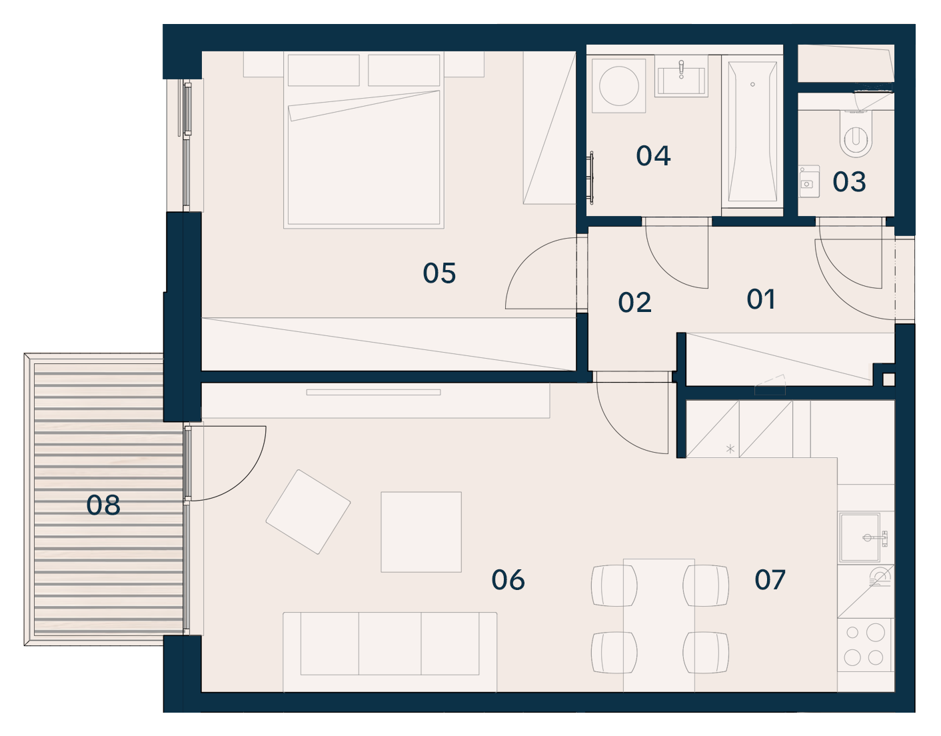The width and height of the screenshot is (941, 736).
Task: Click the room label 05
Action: point(439,273)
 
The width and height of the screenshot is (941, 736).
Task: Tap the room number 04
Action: point(653,155)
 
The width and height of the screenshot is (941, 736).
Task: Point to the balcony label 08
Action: point(103,505)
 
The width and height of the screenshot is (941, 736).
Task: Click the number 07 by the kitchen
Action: point(770,579)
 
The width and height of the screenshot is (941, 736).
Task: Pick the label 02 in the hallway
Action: point(634,302)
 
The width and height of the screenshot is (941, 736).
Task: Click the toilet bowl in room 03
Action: point(855,134)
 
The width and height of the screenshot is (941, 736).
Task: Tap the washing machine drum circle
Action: point(619,86)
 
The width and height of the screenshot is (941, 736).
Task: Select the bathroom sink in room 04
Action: point(681,78)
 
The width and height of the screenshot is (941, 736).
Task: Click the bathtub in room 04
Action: point(752,131)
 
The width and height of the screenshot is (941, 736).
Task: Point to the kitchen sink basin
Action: point(860,537)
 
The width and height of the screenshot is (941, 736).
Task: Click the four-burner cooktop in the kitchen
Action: point(864,645)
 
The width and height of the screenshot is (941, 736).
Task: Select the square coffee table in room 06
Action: point(421,532)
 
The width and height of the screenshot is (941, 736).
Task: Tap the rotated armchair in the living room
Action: point(308,511)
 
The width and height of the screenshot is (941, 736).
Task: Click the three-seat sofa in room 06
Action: point(390,651)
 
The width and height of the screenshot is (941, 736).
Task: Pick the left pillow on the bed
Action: point(323,70)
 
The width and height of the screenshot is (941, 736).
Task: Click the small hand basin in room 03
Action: point(808,181)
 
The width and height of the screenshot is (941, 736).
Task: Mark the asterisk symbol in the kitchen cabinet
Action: point(730,449)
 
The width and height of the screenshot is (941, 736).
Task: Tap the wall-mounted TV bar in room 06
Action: point(373,393)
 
